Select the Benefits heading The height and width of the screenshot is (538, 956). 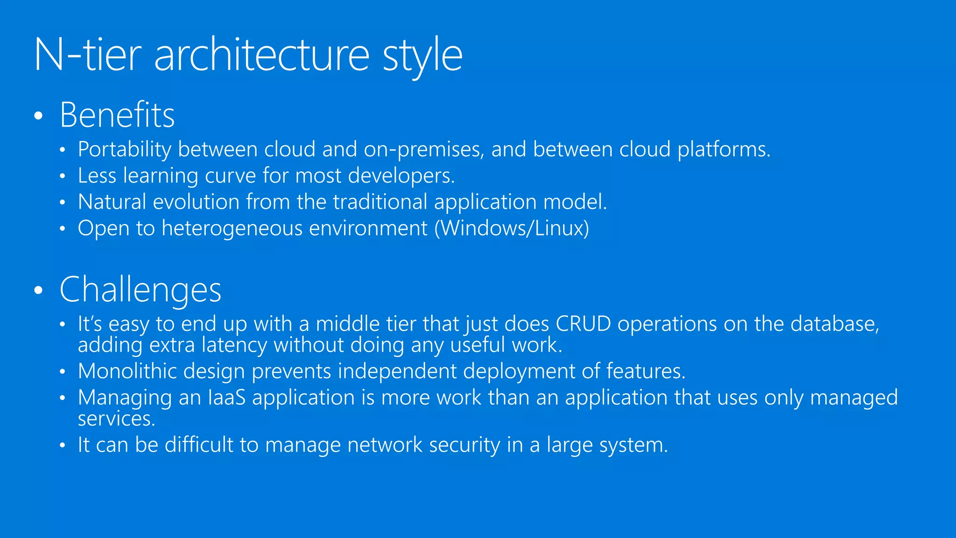(x=117, y=115)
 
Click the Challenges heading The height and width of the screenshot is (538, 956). (x=141, y=290)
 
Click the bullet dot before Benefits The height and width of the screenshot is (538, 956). (x=39, y=116)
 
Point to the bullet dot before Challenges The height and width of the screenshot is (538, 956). (x=39, y=290)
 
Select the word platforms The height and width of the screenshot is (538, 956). (x=724, y=149)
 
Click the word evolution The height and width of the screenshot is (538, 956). (x=196, y=202)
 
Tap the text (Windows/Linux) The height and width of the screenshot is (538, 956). (x=512, y=228)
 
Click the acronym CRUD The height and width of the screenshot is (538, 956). (x=583, y=324)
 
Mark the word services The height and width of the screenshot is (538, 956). (x=116, y=419)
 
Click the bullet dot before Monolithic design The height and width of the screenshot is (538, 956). (x=63, y=372)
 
